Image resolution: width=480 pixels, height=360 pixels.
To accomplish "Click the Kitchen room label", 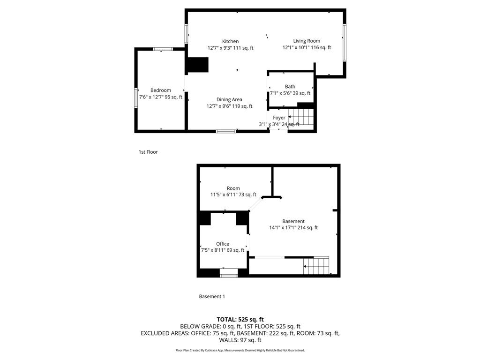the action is [231, 41].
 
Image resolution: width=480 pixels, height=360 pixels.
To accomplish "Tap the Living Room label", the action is [307, 41].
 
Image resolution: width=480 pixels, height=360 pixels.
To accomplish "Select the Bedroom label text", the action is [161, 90].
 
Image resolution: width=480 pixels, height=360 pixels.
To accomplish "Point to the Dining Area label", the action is [229, 99].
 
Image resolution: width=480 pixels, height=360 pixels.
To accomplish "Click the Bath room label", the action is [290, 87].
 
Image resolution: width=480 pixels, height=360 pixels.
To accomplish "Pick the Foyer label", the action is [279, 118].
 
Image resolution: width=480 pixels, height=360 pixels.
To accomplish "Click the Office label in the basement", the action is [223, 244].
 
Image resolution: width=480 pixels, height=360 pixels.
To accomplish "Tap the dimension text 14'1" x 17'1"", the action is [283, 227].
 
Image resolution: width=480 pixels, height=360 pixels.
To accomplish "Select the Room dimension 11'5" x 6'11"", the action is [224, 195].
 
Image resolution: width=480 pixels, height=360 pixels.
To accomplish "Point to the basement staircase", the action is [316, 265].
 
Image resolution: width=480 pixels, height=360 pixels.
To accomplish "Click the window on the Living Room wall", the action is [345, 43].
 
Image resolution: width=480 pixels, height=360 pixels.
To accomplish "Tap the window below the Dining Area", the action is [226, 131].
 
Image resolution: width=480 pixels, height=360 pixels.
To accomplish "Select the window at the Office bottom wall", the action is [229, 273].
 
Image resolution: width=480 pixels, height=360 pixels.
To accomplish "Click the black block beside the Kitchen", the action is [198, 65].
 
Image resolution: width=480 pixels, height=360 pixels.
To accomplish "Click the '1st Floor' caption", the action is [148, 152].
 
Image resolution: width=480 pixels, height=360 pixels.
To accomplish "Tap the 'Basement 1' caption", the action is [212, 296].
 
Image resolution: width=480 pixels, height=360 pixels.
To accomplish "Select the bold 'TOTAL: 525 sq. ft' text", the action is [240, 320].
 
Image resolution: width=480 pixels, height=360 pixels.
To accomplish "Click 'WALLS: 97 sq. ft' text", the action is [240, 340].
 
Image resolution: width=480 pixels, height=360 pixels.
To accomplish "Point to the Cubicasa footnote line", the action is [240, 350].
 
